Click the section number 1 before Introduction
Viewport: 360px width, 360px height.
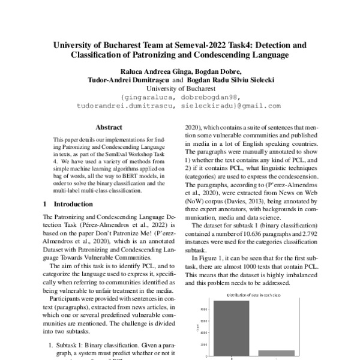tap(47, 205)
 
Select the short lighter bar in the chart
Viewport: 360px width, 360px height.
tap(277, 353)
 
